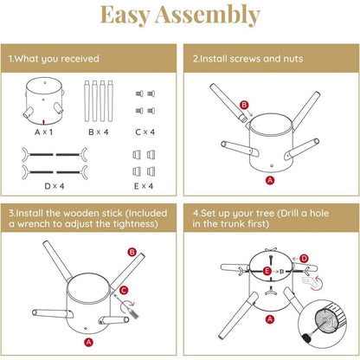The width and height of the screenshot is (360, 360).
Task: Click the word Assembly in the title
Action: pyautogui.click(x=208, y=15)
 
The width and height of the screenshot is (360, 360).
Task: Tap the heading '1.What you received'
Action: pyautogui.click(x=54, y=59)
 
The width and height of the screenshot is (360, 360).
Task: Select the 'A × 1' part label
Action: pyautogui.click(x=43, y=132)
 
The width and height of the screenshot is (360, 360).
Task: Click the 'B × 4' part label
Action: pyautogui.click(x=99, y=132)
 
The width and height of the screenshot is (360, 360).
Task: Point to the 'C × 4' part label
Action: pyautogui.click(x=145, y=132)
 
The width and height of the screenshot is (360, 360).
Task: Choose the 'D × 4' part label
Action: pyautogui.click(x=55, y=186)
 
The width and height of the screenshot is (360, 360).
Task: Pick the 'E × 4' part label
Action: pyautogui.click(x=144, y=186)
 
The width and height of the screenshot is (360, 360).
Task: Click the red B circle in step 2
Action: pyautogui.click(x=244, y=105)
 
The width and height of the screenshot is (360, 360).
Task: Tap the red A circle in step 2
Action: pyautogui.click(x=270, y=181)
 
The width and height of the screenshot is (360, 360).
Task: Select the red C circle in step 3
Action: pyautogui.click(x=124, y=290)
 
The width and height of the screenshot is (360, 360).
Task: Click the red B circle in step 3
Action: pyautogui.click(x=132, y=253)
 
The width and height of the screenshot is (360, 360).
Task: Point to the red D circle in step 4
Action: pyautogui.click(x=304, y=259)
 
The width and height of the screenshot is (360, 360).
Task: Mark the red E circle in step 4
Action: pyautogui.click(x=267, y=271)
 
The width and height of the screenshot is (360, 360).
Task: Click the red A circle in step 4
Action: pyautogui.click(x=270, y=319)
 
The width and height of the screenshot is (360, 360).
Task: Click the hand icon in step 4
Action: pyautogui.click(x=309, y=282)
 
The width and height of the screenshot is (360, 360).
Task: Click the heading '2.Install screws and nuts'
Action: pyautogui.click(x=247, y=59)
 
